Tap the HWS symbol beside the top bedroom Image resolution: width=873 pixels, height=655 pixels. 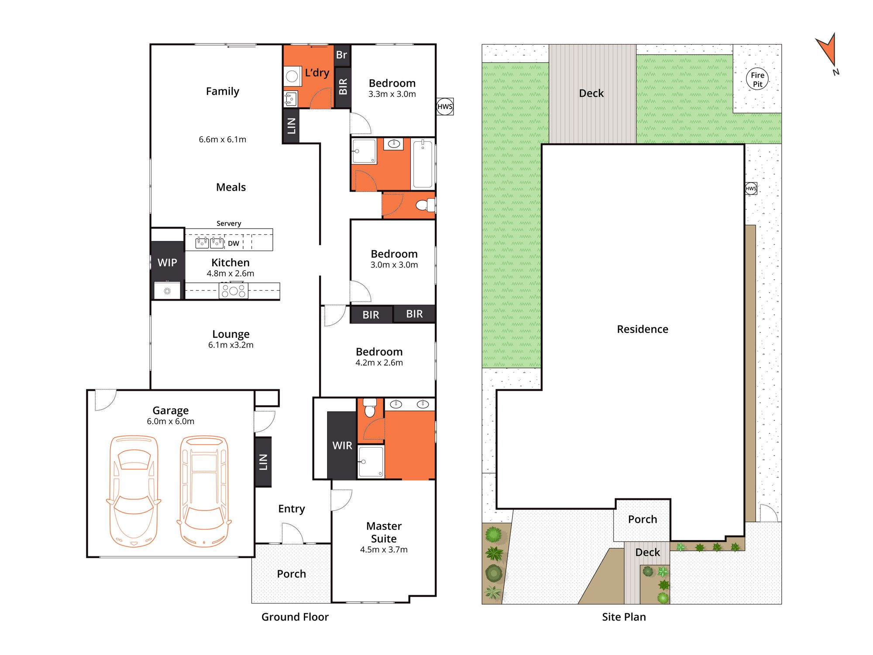coord(445,106)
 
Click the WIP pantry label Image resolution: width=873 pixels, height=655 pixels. coord(167,262)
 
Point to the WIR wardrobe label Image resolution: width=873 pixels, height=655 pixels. coord(342,446)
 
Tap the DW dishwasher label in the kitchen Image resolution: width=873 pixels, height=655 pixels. coord(234,243)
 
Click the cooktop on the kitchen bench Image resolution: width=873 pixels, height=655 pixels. coord(234,291)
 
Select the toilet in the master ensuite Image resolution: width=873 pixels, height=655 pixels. coord(370,408)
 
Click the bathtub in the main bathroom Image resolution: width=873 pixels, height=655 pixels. coord(423,164)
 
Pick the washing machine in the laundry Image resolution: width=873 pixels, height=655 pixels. coord(292,76)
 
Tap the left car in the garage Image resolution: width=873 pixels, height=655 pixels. coord(134,491)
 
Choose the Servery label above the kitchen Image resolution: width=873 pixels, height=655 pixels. coord(229,223)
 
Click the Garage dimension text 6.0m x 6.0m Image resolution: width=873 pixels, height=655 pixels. coord(171,422)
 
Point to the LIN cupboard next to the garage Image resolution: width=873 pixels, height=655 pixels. coord(263,462)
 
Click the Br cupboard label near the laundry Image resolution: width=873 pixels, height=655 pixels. coord(341,55)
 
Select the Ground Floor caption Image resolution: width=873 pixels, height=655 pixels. coord(295,617)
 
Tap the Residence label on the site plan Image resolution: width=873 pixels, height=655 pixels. coord(643,329)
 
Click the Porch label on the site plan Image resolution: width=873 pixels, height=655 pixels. coord(643,519)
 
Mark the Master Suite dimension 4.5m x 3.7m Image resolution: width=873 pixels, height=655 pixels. coord(384,550)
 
